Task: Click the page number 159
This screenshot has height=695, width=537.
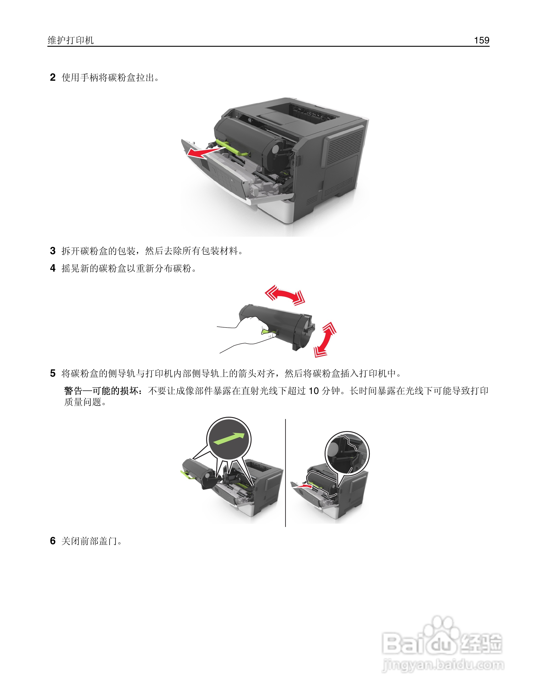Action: tap(481, 40)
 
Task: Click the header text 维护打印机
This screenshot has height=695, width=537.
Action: tap(71, 40)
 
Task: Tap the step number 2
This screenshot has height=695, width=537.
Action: tap(53, 77)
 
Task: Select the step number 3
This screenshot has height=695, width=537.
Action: tap(53, 251)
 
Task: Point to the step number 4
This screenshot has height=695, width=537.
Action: tap(53, 268)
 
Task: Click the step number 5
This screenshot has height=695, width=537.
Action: tap(53, 373)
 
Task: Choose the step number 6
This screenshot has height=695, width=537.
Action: tap(53, 541)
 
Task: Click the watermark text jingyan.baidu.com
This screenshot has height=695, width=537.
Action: tap(443, 665)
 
